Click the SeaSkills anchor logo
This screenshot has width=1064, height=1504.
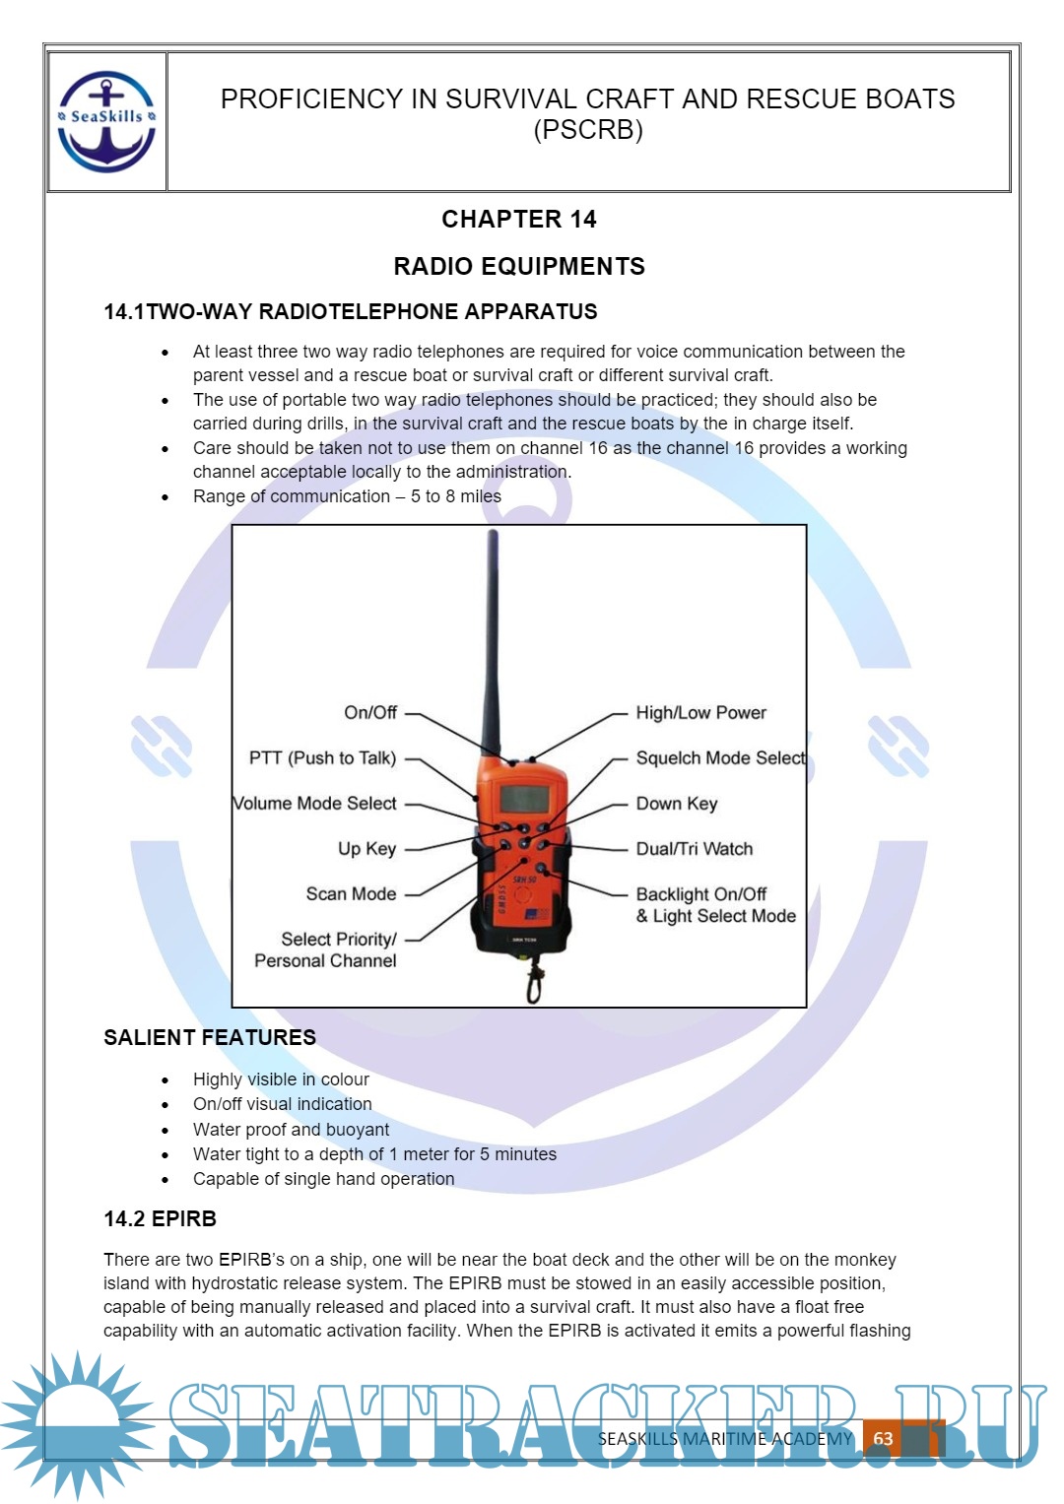[x=106, y=121]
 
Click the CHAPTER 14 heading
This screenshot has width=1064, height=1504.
[x=518, y=219]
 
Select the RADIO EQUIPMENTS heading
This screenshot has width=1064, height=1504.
[x=518, y=266]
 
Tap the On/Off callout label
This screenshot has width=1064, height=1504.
[x=370, y=712]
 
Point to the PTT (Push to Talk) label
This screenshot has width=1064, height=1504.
[x=322, y=757]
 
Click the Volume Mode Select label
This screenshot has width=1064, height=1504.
[x=315, y=803]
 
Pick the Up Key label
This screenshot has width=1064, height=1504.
[x=366, y=848]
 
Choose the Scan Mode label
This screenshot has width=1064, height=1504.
[x=351, y=893]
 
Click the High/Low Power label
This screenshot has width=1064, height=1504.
[x=700, y=712]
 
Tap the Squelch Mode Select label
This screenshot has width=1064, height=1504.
[x=720, y=757]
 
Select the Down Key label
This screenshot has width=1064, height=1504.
[x=677, y=803]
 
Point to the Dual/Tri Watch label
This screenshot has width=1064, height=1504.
[x=694, y=848]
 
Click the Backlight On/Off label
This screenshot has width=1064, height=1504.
[x=701, y=894]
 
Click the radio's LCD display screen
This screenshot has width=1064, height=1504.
[x=523, y=798]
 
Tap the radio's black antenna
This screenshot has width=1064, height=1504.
[x=492, y=640]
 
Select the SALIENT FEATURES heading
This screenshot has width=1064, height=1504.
[x=210, y=1037]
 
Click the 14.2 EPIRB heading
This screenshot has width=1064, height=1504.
[x=160, y=1218]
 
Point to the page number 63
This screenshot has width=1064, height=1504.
[x=883, y=1438]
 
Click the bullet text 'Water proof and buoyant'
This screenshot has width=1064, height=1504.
[x=291, y=1130]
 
